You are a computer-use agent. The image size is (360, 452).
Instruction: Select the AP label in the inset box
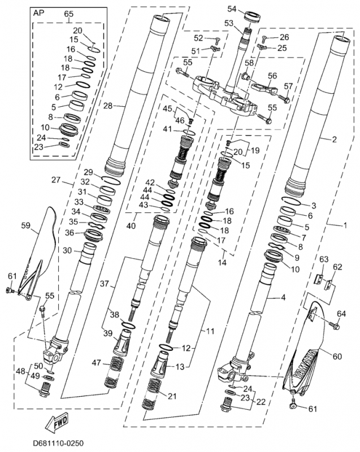tap(40, 12)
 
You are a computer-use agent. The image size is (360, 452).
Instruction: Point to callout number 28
tap(109, 105)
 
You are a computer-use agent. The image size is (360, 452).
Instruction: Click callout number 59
tap(25, 225)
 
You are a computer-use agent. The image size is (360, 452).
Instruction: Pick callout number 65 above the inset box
tap(68, 14)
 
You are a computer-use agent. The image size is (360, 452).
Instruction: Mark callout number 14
tap(222, 262)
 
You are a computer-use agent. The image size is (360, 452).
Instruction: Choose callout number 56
tap(272, 76)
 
